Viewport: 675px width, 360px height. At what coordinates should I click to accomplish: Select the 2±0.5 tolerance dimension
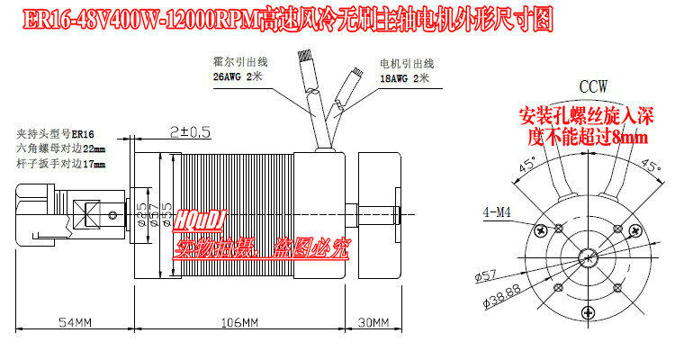point(189,131)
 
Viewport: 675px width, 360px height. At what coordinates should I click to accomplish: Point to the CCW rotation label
point(593,86)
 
